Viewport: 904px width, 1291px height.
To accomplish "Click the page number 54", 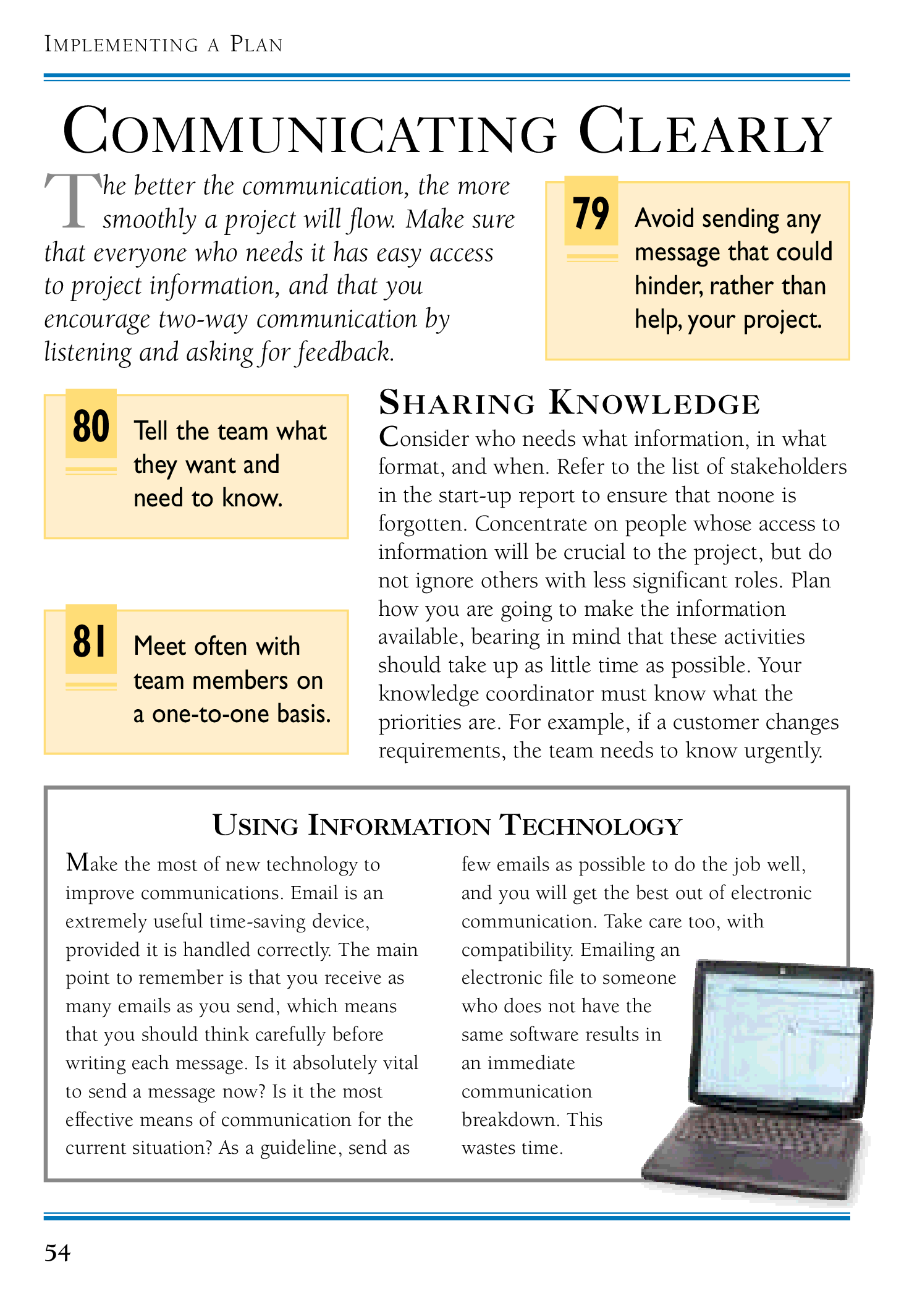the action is pos(57,1253).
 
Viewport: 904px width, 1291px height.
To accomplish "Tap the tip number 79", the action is pos(591,214).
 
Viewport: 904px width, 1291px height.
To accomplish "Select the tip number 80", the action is pos(91,426).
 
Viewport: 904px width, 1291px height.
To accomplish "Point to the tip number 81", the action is pos(90,641).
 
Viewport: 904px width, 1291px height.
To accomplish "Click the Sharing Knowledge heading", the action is pos(569,403).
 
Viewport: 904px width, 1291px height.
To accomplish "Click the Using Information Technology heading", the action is pos(447,825).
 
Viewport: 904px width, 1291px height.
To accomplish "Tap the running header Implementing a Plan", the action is pos(164,45).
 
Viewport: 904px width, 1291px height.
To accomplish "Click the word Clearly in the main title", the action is pos(705,132).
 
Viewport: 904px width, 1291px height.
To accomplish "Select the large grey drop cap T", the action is pos(72,201).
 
